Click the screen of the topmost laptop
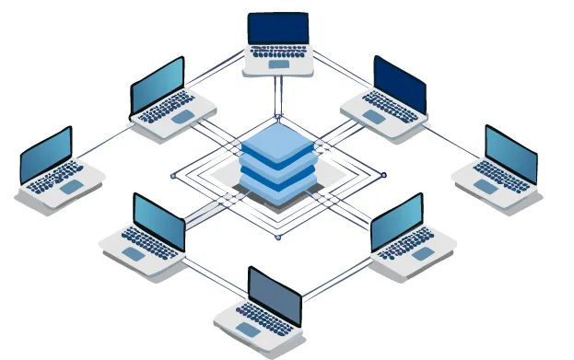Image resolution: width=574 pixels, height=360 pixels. point(277,29)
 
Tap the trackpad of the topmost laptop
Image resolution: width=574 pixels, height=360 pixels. point(277,64)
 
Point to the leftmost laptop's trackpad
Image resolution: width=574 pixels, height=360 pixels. point(72,187)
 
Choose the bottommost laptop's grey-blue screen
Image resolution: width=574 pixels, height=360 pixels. point(275,295)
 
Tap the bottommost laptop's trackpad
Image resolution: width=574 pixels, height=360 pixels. point(248,329)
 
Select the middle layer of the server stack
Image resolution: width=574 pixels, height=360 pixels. point(277,169)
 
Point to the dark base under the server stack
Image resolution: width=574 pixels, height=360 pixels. point(277,195)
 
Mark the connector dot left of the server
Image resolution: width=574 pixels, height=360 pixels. point(172,175)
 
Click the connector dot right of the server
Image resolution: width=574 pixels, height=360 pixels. point(384,175)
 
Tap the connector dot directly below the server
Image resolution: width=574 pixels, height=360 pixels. point(277,238)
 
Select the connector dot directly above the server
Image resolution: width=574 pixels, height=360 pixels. point(277,117)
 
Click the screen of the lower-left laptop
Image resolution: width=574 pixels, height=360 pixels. point(158,222)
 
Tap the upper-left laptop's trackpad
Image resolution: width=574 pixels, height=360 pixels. point(182,117)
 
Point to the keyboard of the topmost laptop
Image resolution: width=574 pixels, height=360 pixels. point(277,52)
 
